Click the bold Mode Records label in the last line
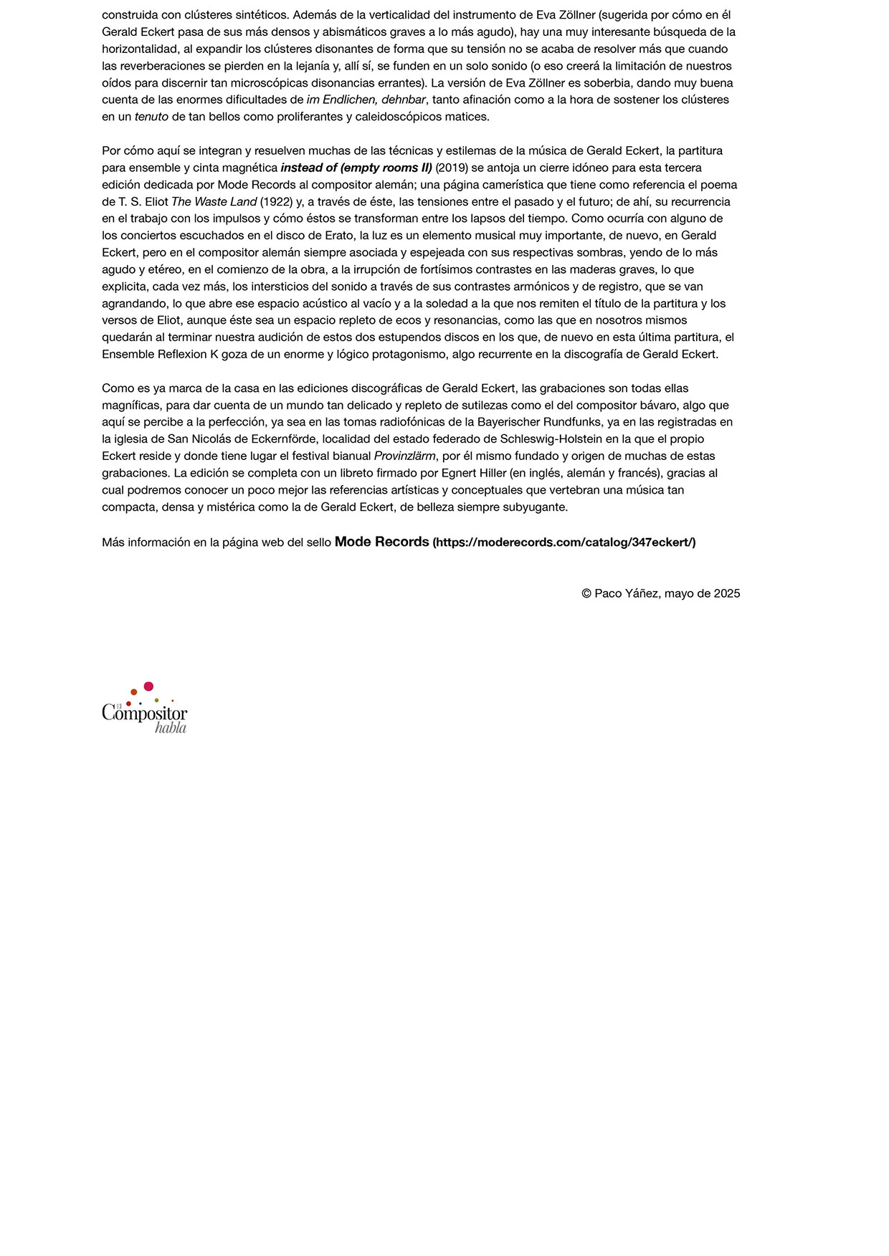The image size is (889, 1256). (x=381, y=542)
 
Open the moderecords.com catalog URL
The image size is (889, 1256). (x=564, y=542)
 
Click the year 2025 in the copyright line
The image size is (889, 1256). (x=726, y=593)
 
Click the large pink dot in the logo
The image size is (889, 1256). (x=148, y=686)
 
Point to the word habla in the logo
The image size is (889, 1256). (x=171, y=728)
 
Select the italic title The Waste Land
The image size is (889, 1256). (x=214, y=202)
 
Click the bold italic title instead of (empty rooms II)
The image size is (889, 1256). (x=356, y=168)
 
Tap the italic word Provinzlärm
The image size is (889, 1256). (x=404, y=456)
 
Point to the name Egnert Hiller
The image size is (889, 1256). (x=473, y=474)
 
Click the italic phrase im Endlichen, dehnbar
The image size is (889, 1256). (x=366, y=100)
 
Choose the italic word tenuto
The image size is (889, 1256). (x=151, y=117)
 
